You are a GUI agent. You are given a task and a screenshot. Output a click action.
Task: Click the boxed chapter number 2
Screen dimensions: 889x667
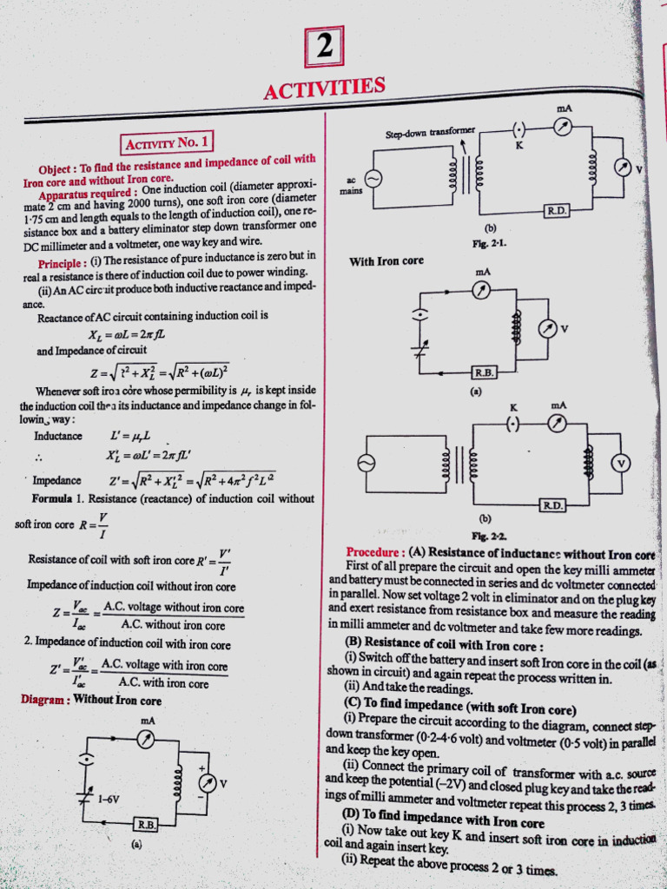click(x=324, y=47)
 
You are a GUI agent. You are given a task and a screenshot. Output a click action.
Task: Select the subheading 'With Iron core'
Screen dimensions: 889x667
click(x=386, y=260)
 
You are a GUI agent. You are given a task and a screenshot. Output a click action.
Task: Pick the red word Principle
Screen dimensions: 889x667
click(x=61, y=263)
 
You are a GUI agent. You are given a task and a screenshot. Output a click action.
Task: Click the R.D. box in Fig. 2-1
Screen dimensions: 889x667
click(x=555, y=211)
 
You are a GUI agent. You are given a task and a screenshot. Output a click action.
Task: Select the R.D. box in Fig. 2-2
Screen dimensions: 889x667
click(x=552, y=504)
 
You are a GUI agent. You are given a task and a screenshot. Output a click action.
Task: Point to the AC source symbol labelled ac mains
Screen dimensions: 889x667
click(x=373, y=178)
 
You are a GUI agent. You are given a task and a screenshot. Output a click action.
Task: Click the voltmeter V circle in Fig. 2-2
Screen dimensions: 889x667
click(x=621, y=463)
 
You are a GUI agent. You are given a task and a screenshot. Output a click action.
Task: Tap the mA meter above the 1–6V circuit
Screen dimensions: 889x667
click(x=147, y=739)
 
